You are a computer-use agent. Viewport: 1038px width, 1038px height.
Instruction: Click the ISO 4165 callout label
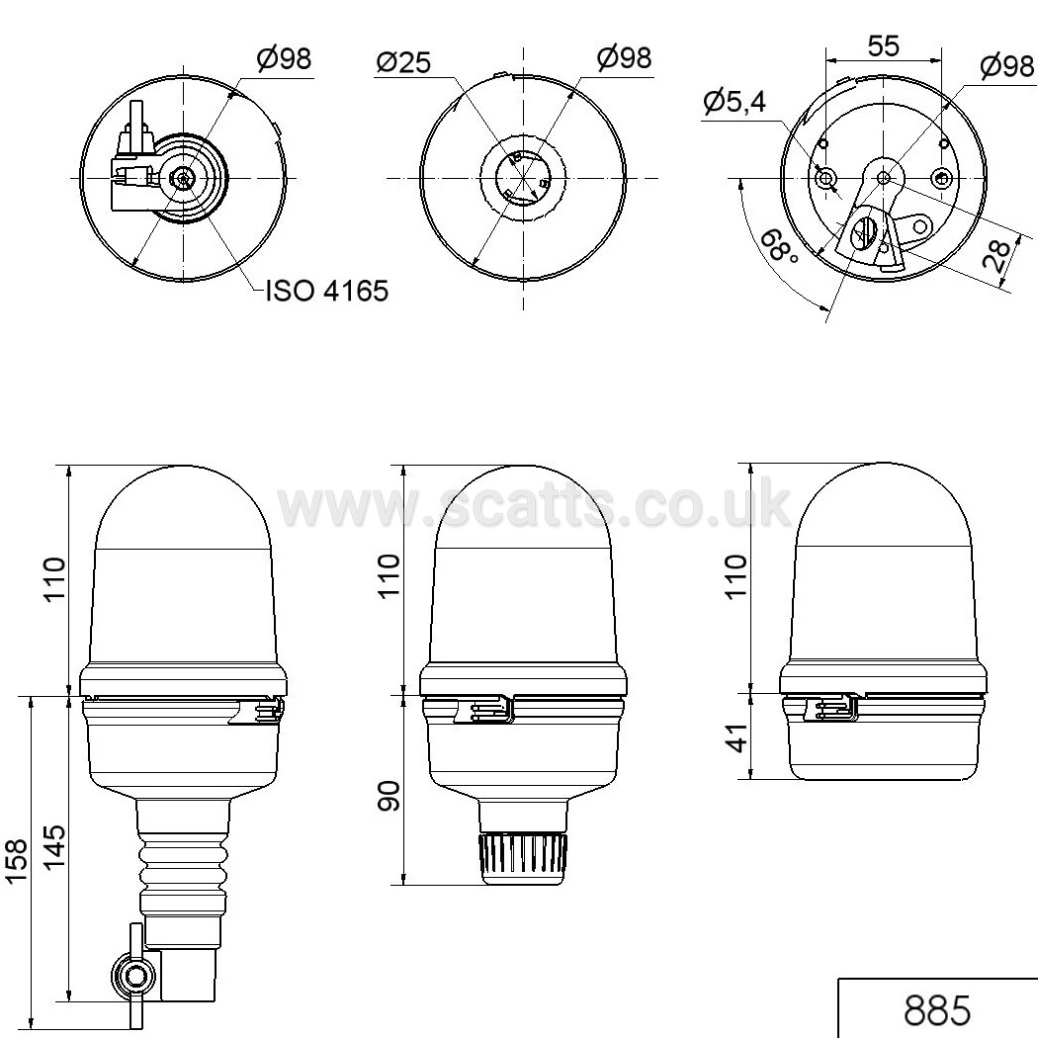[326, 291]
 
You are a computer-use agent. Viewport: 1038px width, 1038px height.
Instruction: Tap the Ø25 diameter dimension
[403, 62]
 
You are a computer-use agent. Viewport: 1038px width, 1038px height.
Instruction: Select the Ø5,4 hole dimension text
[735, 101]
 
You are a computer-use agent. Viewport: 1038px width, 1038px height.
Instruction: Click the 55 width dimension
[884, 45]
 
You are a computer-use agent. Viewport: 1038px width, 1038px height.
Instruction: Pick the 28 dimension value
[996, 256]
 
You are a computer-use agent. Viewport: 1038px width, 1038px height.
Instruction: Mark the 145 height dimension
[54, 847]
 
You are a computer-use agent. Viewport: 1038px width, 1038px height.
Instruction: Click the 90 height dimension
[389, 796]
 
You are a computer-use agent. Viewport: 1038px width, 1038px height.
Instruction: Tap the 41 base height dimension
[736, 737]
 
